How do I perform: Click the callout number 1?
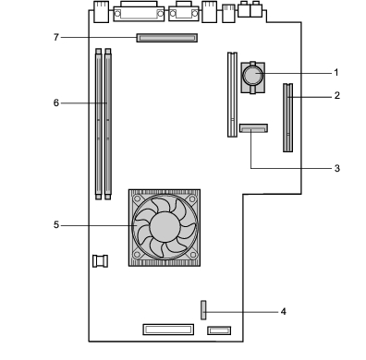pyautogui.click(x=336, y=73)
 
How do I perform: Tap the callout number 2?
pyautogui.click(x=337, y=95)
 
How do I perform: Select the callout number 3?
pyautogui.click(x=337, y=168)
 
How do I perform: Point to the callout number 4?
pyautogui.click(x=284, y=312)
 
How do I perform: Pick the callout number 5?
pyautogui.click(x=56, y=225)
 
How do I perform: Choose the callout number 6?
pyautogui.click(x=56, y=102)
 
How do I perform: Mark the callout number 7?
pyautogui.click(x=56, y=37)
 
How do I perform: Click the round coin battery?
pyautogui.click(x=253, y=75)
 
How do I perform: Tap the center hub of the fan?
pyautogui.click(x=165, y=227)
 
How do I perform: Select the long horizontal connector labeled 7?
pyautogui.click(x=167, y=38)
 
